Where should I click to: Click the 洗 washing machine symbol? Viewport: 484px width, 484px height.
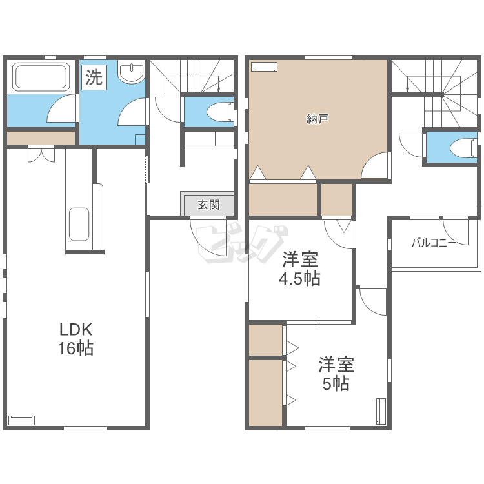coord(94,78)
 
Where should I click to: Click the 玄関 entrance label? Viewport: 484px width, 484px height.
coord(208,205)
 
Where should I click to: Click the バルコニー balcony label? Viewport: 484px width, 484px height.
coord(434,243)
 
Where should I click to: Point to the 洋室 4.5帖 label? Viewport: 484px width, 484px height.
coord(300,270)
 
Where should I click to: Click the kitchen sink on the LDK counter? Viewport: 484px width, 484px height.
coord(79,224)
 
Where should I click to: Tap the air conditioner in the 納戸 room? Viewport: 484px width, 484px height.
coord(263,66)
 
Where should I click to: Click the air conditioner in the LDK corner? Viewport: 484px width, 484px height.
coord(21,420)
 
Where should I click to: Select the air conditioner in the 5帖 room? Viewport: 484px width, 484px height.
coord(380,411)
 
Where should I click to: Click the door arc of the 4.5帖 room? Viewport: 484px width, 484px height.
coord(339,234)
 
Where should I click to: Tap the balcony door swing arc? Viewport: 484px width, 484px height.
coord(455,231)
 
